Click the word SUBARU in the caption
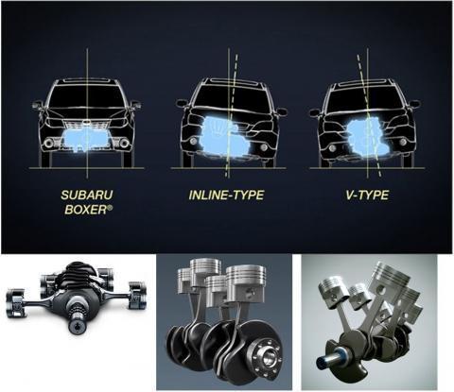coord(87,195)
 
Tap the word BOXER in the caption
coord(86,210)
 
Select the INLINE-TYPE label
coord(226,196)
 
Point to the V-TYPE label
coord(367,196)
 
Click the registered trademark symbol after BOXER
coord(110,207)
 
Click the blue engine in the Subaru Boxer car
coord(87,141)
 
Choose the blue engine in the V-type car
coord(368,134)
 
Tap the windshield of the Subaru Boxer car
coord(86,97)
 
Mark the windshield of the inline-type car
coord(231,97)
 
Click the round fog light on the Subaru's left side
coord(49,144)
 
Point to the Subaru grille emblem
coord(86,122)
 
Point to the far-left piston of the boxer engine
coord(15,302)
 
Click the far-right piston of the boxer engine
coord(137,296)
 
